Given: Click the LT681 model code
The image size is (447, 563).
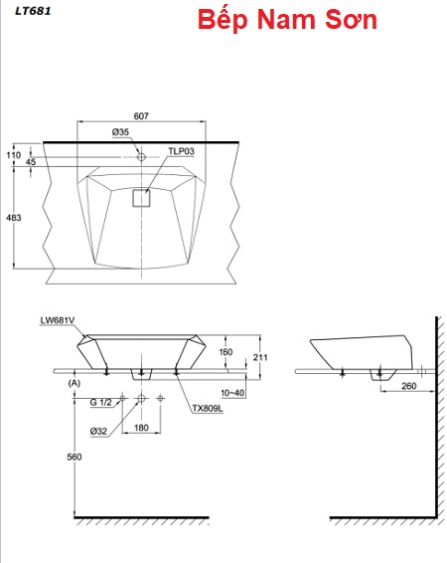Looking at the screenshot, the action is click(33, 11).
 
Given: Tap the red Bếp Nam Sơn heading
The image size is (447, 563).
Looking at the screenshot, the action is click(287, 19).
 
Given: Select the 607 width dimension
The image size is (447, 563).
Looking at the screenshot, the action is click(141, 116).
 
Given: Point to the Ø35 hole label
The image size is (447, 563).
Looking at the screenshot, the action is click(120, 132).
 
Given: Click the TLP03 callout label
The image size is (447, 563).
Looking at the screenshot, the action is click(182, 151).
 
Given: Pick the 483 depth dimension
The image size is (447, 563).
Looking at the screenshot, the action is click(14, 218).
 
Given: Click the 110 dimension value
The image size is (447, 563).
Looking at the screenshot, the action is click(14, 155).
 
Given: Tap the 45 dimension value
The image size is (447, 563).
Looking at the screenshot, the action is click(31, 162).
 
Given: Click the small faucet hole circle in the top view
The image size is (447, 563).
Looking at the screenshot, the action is click(142, 157).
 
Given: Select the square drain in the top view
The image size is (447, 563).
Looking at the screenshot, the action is click(142, 198).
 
